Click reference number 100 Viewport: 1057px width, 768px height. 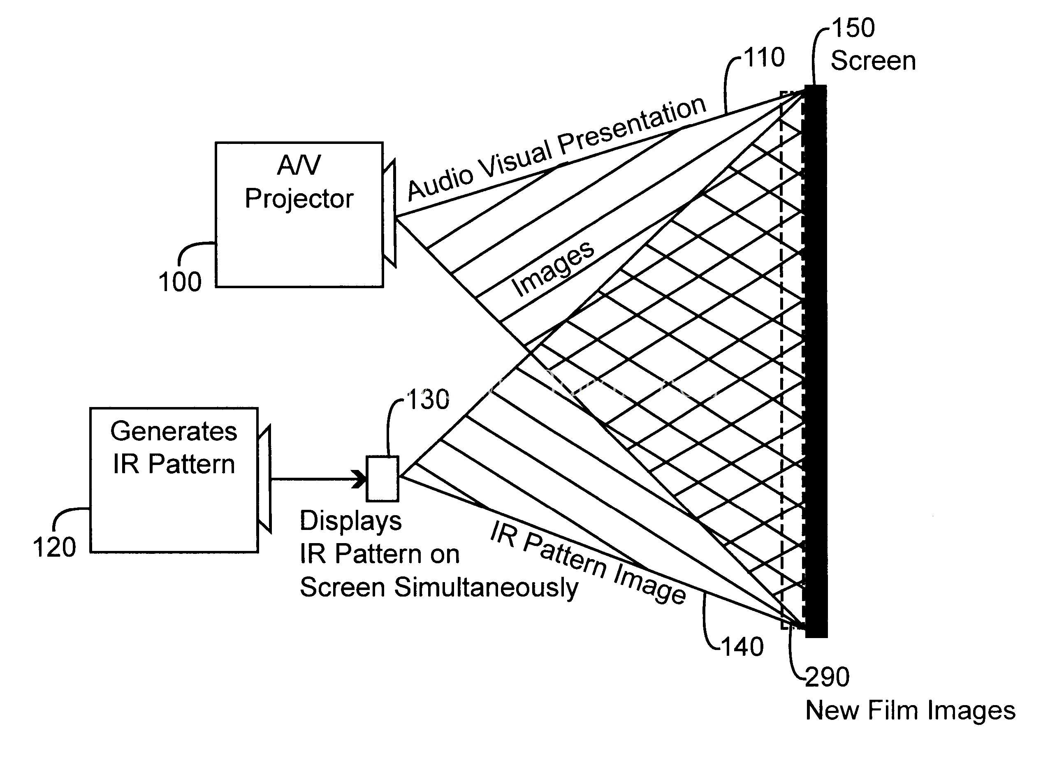pos(180,282)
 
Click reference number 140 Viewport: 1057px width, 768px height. pos(742,647)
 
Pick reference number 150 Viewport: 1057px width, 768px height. pos(853,28)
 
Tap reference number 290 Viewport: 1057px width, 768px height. pos(828,677)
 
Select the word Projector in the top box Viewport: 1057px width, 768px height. pos(299,199)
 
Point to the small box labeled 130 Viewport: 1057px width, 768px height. pos(382,479)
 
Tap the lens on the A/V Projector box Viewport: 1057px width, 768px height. pos(389,214)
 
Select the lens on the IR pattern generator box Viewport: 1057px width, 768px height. pos(264,479)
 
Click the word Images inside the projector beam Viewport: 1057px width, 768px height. pos(553,269)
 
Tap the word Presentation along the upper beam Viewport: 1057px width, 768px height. pos(633,125)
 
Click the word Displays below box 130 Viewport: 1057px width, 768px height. pos(350,521)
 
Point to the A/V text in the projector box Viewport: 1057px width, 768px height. pos(299,165)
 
